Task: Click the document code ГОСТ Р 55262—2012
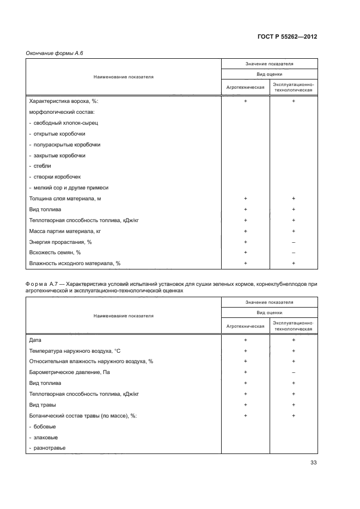pyautogui.click(x=286, y=37)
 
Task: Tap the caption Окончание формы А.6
pyautogui.click(x=54, y=53)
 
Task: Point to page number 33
pyautogui.click(x=313, y=463)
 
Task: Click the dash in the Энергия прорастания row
pyautogui.click(x=294, y=242)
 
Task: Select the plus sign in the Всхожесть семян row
pyautogui.click(x=246, y=253)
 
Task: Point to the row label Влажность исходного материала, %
pyautogui.click(x=74, y=263)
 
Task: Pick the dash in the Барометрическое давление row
pyautogui.click(x=294, y=372)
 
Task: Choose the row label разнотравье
pyautogui.click(x=47, y=448)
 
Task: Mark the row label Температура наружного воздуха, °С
pyautogui.click(x=78, y=351)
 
